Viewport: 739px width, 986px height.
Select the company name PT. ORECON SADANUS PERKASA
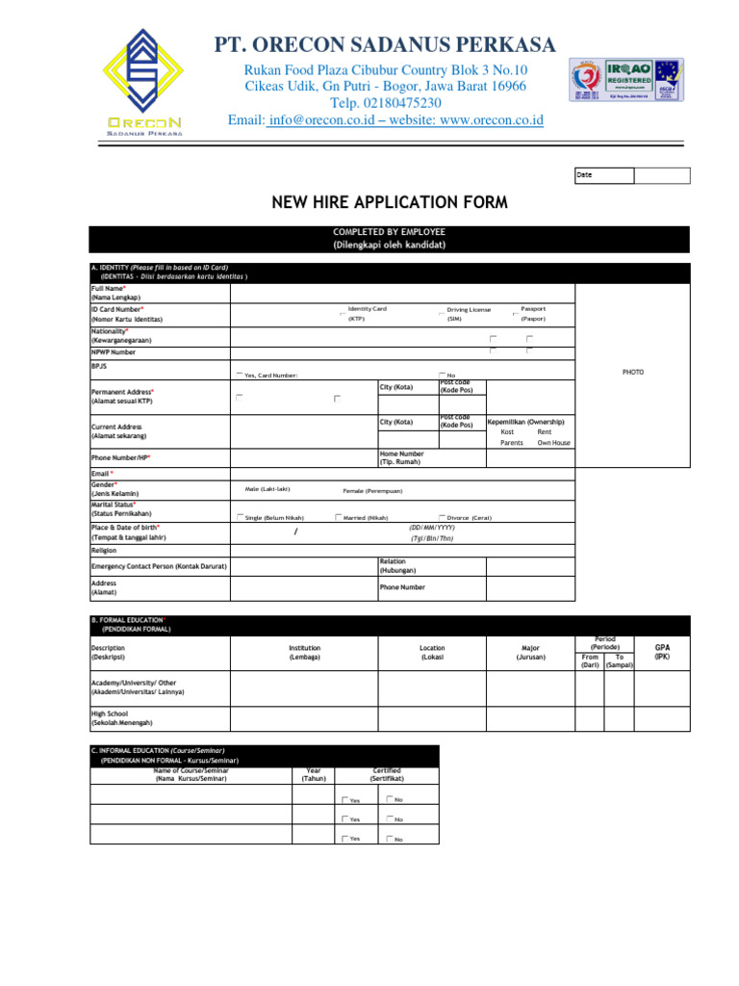coord(385,44)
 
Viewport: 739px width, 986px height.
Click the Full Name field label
coord(108,288)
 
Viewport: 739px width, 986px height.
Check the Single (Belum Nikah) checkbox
coord(241,517)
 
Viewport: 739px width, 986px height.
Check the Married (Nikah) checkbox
coord(339,517)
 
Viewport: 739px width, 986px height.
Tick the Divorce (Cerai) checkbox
coord(443,517)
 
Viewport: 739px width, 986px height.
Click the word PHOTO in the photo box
coord(632,372)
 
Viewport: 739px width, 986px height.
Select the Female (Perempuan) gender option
coord(374,490)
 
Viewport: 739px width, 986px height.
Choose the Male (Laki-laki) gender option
coord(268,490)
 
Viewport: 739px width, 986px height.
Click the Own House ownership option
coord(553,443)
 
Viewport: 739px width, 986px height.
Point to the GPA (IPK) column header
coord(662,653)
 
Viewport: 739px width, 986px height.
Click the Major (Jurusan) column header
coord(530,653)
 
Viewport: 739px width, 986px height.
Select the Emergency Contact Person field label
coord(159,566)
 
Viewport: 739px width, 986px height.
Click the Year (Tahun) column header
coord(313,775)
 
